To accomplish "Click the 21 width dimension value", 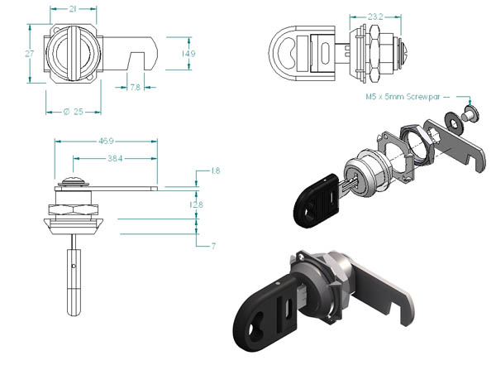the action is (x=73, y=9).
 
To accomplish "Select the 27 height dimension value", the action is (x=30, y=54).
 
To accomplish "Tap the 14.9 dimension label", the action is (x=188, y=54).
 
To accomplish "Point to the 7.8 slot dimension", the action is (x=135, y=87).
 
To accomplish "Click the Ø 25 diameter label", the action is (x=74, y=112).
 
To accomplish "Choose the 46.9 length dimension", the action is (x=106, y=141).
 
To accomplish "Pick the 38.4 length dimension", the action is (x=115, y=158).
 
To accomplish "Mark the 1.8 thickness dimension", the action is (x=216, y=170).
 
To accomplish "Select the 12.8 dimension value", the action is (x=196, y=204).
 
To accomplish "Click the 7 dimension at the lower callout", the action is (x=213, y=246).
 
